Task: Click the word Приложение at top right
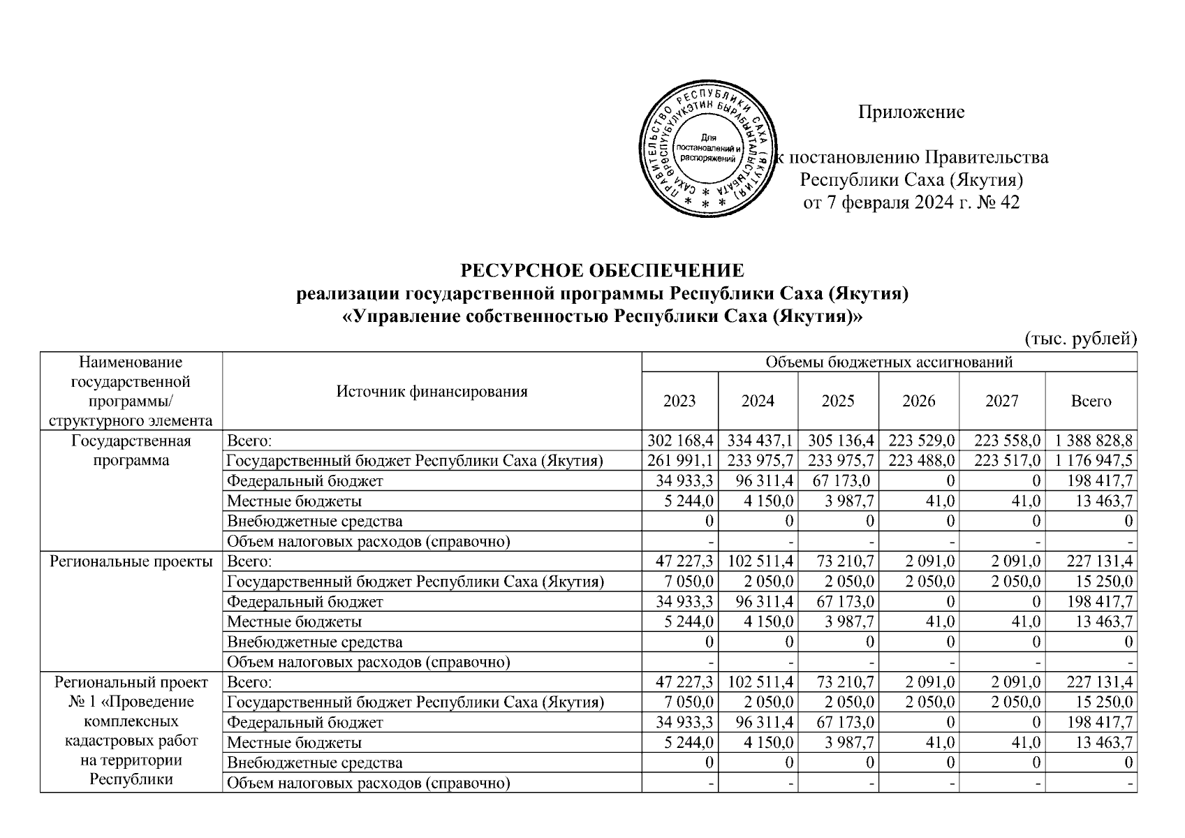tap(911, 112)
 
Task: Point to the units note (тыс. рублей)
tap(1080, 339)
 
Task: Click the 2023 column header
tap(679, 401)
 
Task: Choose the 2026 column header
tap(918, 401)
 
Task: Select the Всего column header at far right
tap(1091, 401)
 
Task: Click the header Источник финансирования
tap(432, 391)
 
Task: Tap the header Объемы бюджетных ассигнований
tap(889, 362)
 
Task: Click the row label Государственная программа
tap(131, 450)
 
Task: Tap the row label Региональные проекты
tap(131, 561)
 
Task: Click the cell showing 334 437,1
tap(760, 441)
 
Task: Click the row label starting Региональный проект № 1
tap(131, 730)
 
